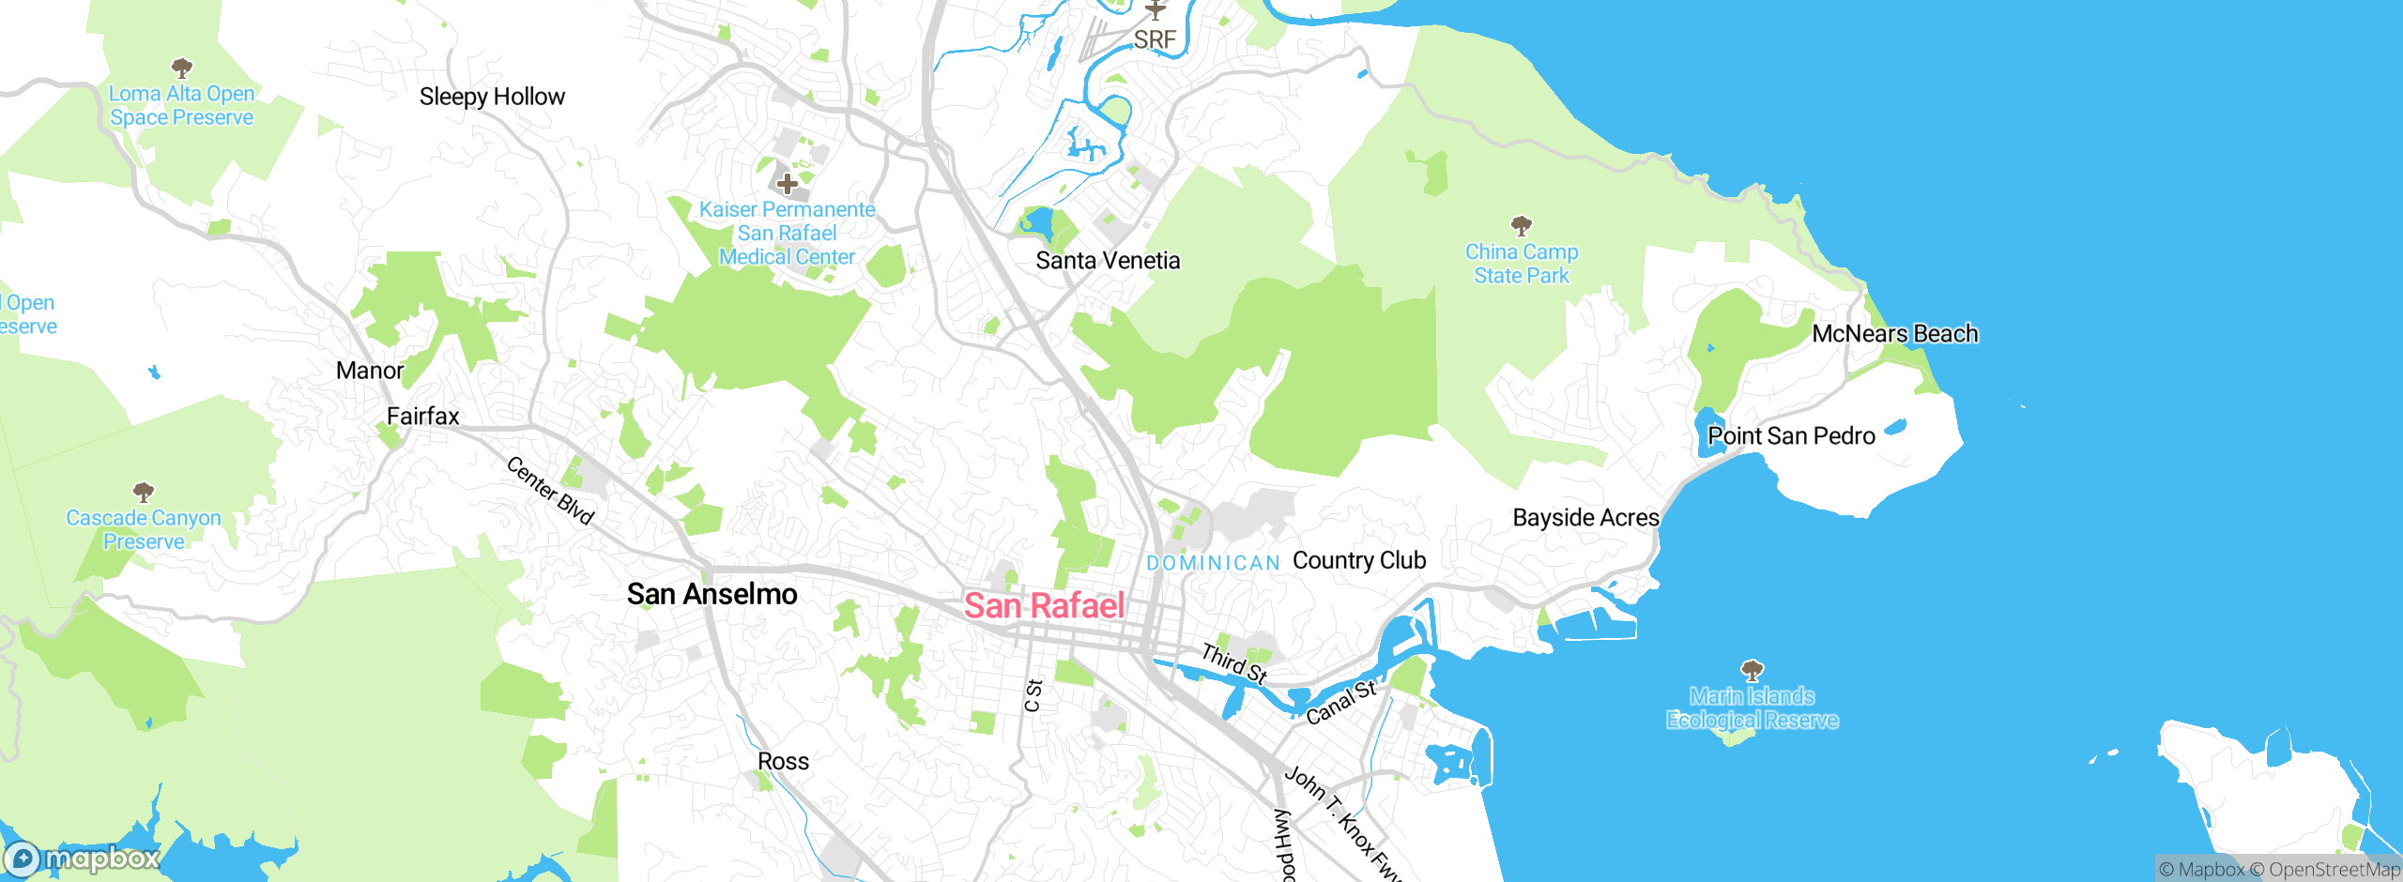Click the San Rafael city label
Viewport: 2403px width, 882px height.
point(1044,606)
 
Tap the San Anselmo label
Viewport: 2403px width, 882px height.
point(712,594)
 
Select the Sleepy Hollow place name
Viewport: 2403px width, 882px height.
point(492,97)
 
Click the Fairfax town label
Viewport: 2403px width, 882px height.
point(423,416)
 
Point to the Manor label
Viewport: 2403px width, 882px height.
point(370,371)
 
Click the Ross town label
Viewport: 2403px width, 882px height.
point(783,761)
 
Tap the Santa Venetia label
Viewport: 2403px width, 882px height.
point(1108,260)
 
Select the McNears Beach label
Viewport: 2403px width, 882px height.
point(1894,334)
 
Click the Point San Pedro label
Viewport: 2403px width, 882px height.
point(1791,436)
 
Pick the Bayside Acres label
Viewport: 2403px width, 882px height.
point(1585,518)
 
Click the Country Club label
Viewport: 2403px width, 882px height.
point(1359,560)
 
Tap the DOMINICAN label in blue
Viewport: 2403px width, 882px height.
point(1213,563)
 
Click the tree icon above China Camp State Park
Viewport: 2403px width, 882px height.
point(1522,225)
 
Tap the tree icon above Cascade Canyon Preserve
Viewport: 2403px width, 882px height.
point(144,492)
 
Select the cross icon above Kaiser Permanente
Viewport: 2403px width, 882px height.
point(787,184)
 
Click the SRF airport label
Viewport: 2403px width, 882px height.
point(1155,39)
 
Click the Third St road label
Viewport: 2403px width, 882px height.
point(1234,663)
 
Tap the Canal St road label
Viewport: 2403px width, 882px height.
point(1341,702)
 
